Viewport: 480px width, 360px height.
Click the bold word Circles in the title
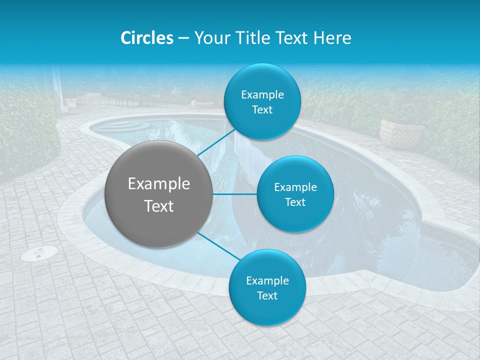pyautogui.click(x=147, y=38)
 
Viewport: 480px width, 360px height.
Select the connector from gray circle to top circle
pyautogui.click(x=216, y=142)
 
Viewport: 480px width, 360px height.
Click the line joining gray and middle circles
pyautogui.click(x=235, y=194)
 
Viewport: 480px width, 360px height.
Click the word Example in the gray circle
pyautogui.click(x=159, y=184)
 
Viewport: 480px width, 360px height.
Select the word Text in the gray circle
pyautogui.click(x=159, y=206)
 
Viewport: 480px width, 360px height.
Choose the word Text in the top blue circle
pyautogui.click(x=262, y=110)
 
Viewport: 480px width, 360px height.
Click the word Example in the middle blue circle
pyautogui.click(x=295, y=187)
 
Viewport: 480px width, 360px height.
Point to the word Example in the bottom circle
pyautogui.click(x=267, y=280)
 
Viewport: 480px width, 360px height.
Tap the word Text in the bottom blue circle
pyautogui.click(x=267, y=295)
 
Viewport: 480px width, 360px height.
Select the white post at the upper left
pyautogui.click(x=59, y=90)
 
